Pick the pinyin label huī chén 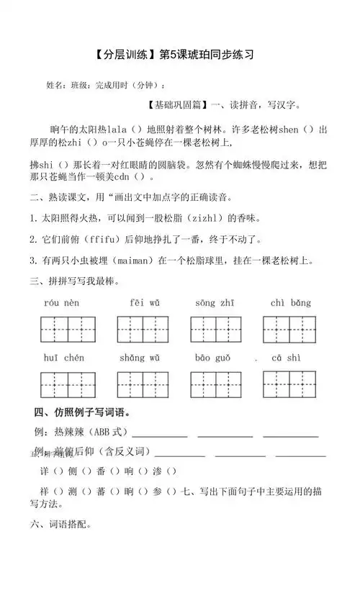(63, 358)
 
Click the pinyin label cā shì (287, 358)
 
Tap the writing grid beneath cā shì (289, 384)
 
